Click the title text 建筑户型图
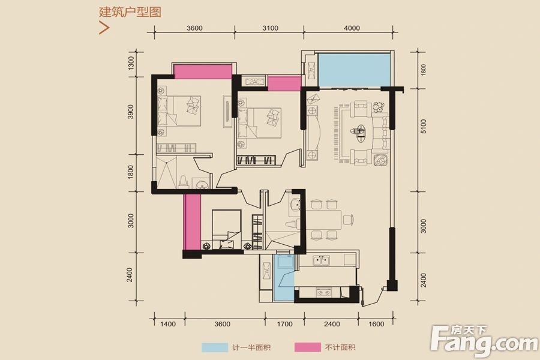131,12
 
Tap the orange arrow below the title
104,28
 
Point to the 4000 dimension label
352,28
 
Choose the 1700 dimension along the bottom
285,324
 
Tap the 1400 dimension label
169,324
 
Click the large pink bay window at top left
202,71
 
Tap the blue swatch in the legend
215,347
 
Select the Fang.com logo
485,341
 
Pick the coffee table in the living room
360,131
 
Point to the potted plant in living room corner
379,108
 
